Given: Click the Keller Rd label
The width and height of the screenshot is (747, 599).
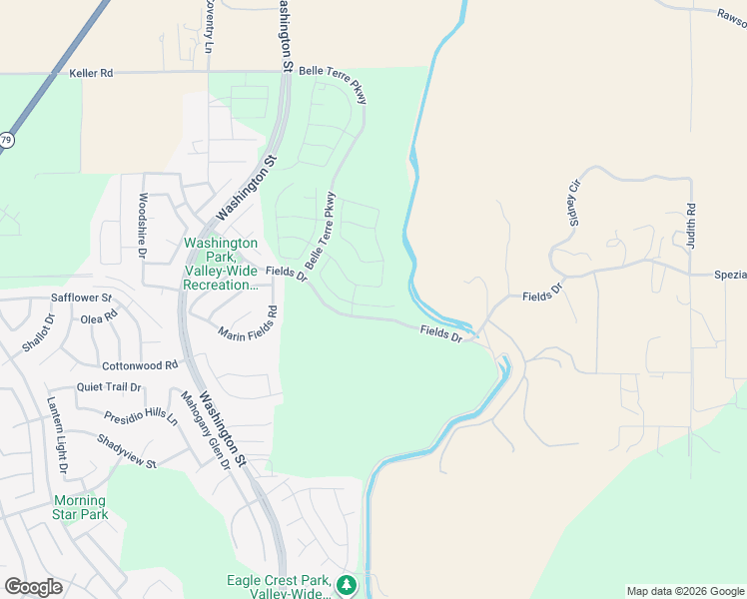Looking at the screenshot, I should pyautogui.click(x=92, y=73).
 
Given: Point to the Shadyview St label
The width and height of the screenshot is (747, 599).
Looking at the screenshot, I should pyautogui.click(x=127, y=451).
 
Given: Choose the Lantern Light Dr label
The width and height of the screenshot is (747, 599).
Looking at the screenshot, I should pyautogui.click(x=56, y=434).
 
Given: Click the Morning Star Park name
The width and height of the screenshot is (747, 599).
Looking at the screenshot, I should pyautogui.click(x=79, y=507).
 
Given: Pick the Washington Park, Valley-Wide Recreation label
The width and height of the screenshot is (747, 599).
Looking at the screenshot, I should pyautogui.click(x=221, y=264).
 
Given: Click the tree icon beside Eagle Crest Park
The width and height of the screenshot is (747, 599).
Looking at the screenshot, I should pyautogui.click(x=347, y=583).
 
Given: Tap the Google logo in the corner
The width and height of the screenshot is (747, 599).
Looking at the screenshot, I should pyautogui.click(x=33, y=587).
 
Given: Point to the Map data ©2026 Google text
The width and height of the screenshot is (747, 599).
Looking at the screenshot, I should pyautogui.click(x=685, y=591).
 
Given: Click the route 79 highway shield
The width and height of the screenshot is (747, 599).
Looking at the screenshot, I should pyautogui.click(x=6, y=141).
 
